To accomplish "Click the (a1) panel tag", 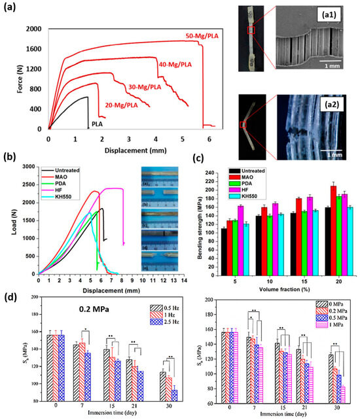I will click(x=334, y=14).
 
